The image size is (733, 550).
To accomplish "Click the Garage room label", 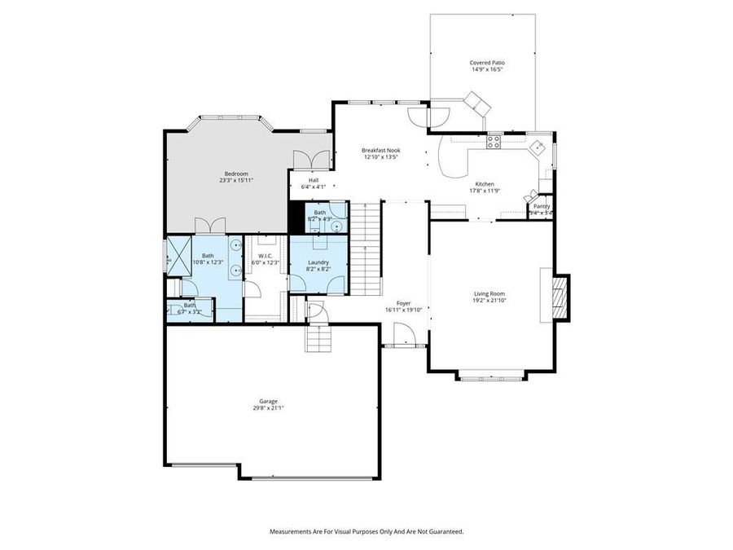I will click(x=269, y=401).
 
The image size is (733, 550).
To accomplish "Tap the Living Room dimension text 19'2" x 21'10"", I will click(x=490, y=301).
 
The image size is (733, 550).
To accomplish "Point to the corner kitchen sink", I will click(x=538, y=148).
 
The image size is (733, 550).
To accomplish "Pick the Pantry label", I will click(x=542, y=206).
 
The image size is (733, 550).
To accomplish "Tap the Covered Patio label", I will click(x=486, y=63).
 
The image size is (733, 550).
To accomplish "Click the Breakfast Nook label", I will click(x=381, y=150).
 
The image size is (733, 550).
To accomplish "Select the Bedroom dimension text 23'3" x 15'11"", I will click(x=236, y=180).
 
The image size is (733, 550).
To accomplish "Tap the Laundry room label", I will click(x=318, y=262).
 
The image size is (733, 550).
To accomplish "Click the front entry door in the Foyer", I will click(x=402, y=336).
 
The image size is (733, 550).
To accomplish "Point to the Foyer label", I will click(x=403, y=303).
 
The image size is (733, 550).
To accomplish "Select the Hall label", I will click(x=314, y=180).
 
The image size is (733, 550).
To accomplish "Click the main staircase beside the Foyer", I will click(x=366, y=249).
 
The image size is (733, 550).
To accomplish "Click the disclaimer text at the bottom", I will click(x=366, y=531).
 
